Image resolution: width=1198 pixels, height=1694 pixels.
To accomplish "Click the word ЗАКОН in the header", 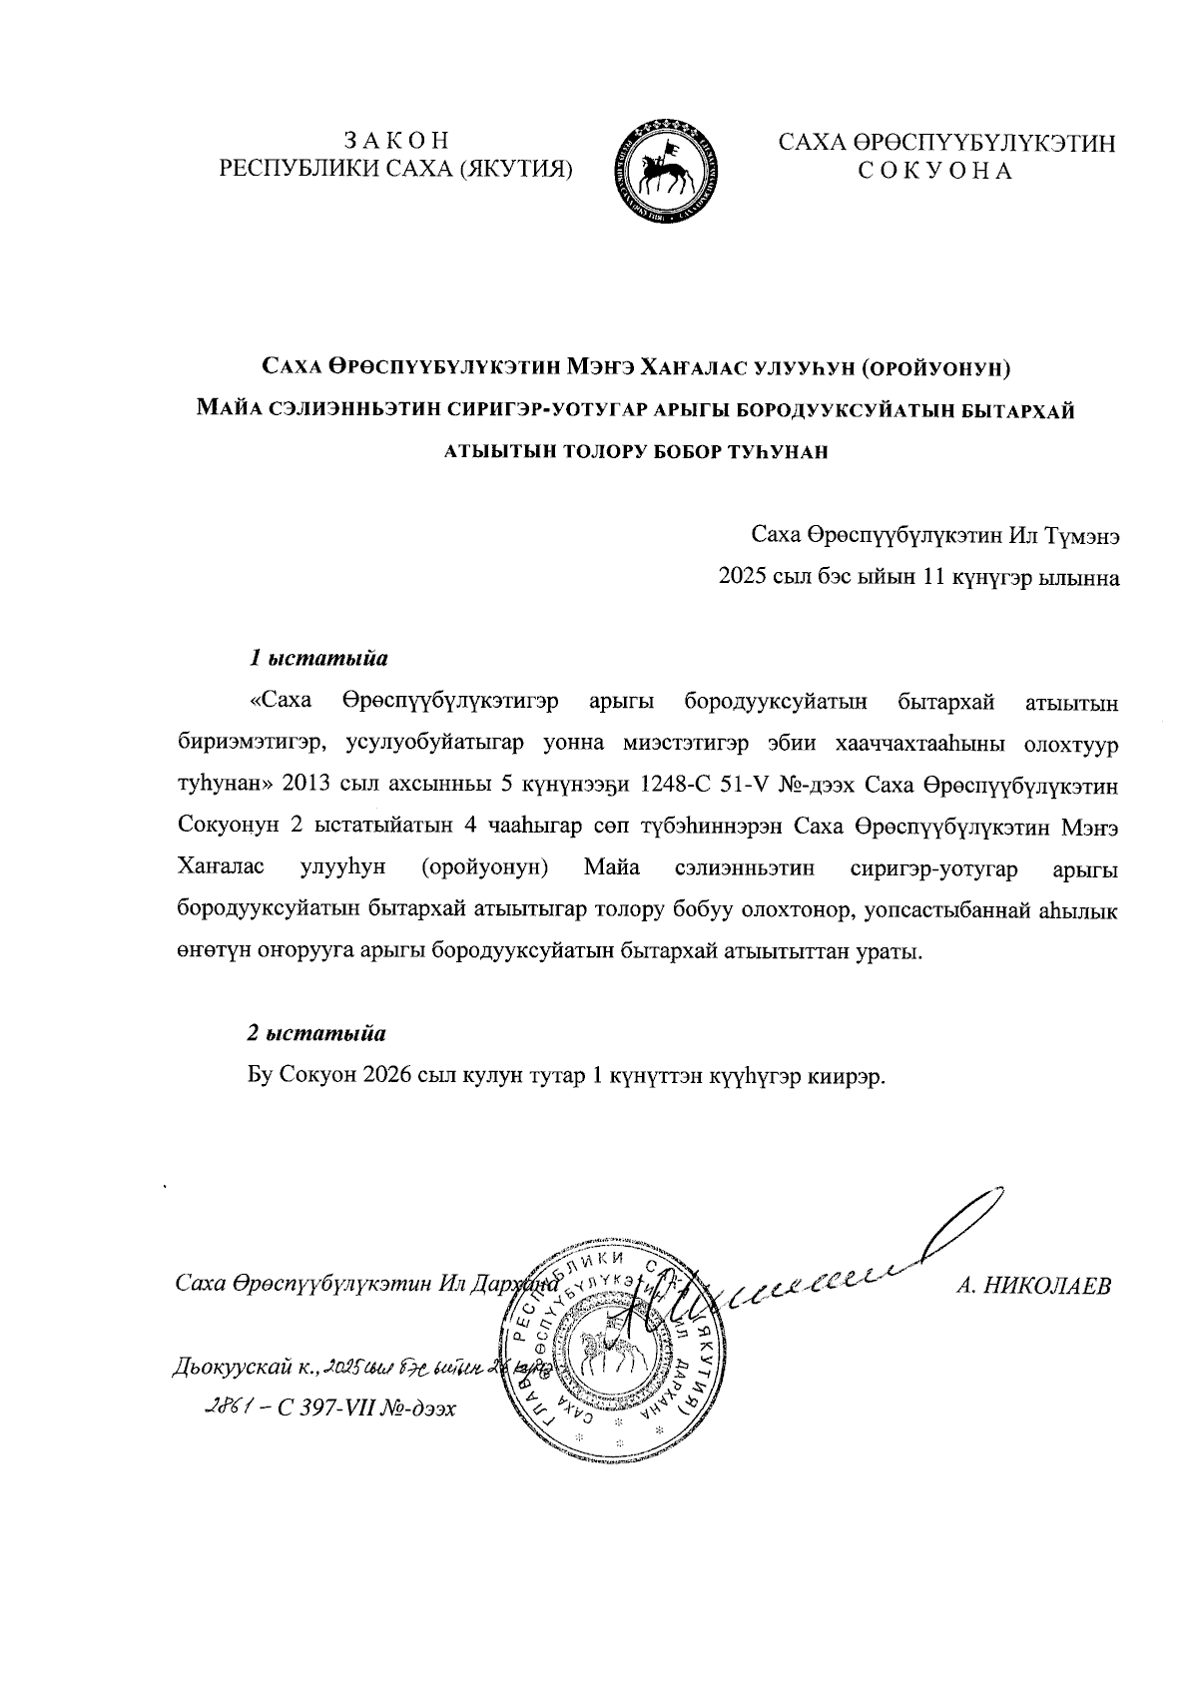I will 395,141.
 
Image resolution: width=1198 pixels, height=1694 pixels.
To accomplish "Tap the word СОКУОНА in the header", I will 936,172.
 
